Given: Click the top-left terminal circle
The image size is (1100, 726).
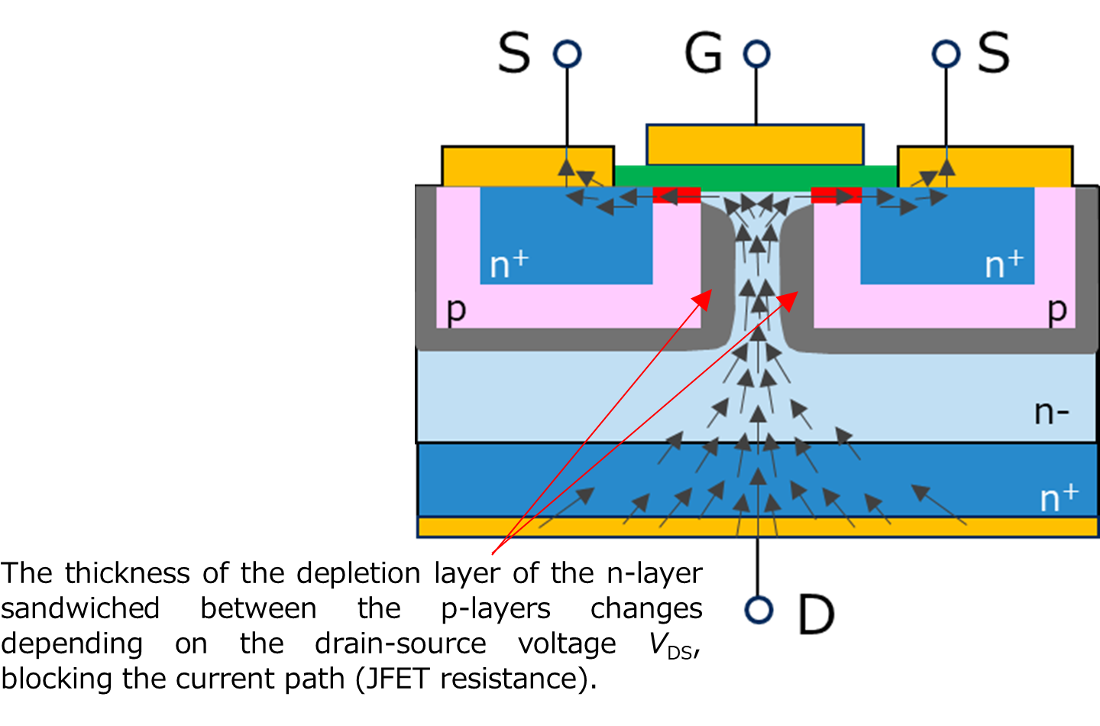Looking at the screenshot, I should [x=567, y=53].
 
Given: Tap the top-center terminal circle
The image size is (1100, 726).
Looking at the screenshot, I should [x=756, y=53].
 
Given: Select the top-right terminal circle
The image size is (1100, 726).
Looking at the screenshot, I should [x=946, y=53].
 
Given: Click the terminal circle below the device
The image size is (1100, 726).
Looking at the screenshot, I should [x=759, y=610].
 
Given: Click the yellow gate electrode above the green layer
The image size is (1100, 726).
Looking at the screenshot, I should [x=755, y=144].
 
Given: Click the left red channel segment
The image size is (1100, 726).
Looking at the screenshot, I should [x=677, y=196].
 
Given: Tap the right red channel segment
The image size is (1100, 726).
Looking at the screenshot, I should [x=836, y=196].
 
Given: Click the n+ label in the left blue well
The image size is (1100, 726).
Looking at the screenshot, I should [x=509, y=264].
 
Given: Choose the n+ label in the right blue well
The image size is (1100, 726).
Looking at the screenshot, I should [x=1004, y=264].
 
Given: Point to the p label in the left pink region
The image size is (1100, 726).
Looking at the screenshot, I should [x=456, y=310].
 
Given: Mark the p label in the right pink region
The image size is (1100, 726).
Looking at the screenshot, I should [x=1057, y=310].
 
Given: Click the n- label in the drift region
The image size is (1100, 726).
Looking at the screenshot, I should [x=1051, y=413].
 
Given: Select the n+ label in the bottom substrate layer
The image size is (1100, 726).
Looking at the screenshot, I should [x=1059, y=498].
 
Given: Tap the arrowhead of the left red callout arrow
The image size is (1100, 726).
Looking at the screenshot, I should [x=706, y=296].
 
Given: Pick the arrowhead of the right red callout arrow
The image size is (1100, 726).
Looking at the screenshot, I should [x=791, y=297].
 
